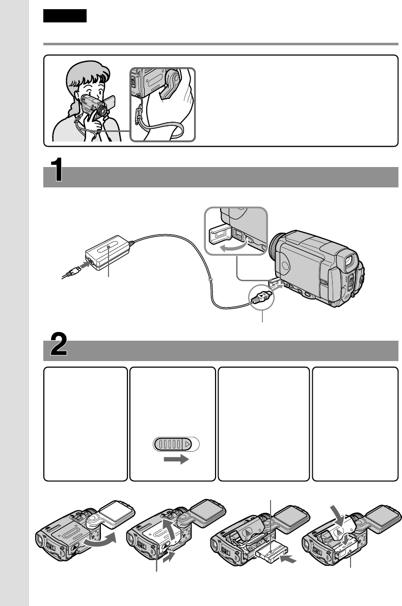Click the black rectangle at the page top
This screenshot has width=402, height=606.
tap(65, 16)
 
